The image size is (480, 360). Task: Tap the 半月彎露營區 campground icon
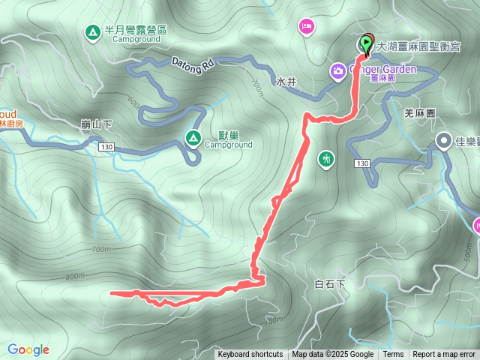92,31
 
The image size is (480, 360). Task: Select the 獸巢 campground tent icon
192,137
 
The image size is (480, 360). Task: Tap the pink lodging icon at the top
306,27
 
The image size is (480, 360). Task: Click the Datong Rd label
193,64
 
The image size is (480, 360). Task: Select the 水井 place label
286,81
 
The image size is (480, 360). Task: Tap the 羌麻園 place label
420,112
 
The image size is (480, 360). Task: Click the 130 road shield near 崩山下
105,148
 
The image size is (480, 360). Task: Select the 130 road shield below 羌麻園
362,163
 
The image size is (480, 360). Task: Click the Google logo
28,349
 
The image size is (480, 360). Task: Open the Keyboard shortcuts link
250,355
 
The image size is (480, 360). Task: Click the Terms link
393,355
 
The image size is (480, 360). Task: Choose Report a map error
444,355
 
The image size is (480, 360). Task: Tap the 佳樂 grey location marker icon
444,141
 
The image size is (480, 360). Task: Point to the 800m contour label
76,276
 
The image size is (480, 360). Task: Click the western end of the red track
112,292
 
